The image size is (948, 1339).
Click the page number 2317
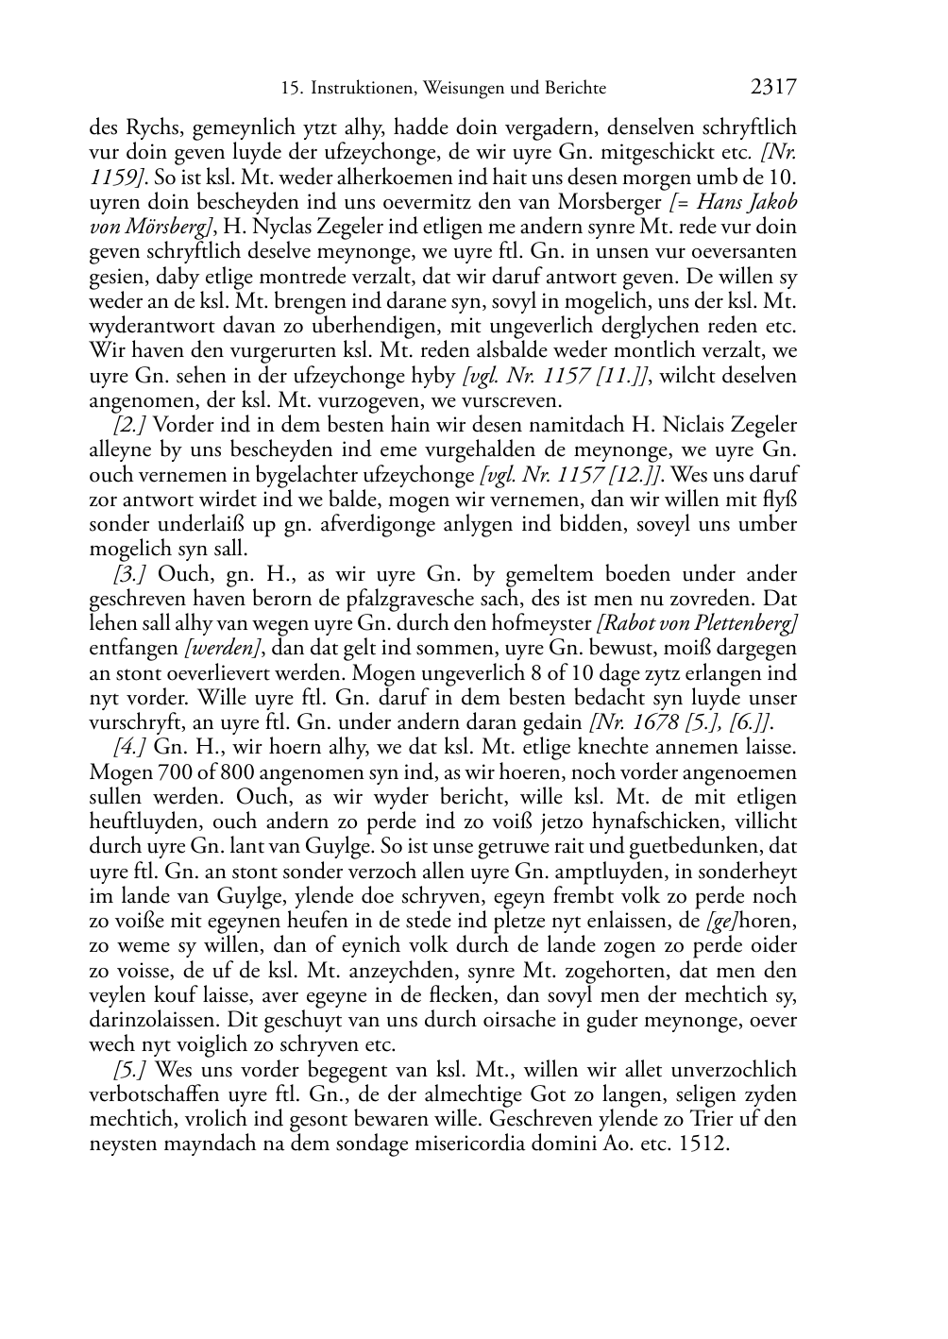773,88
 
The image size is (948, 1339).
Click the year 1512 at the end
709,1144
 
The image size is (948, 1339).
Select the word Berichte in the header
576,89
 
